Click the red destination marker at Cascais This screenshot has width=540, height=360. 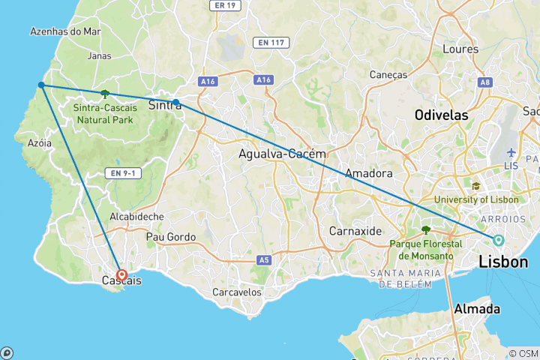click(121, 275)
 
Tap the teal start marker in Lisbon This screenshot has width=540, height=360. click(498, 240)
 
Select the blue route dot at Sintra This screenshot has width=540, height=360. click(175, 102)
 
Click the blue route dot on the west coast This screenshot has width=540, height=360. click(41, 85)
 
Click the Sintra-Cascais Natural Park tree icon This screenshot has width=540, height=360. click(104, 94)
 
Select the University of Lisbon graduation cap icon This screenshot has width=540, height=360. click(475, 186)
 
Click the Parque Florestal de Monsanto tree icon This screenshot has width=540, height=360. click(426, 230)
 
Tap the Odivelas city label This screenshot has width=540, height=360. click(442, 115)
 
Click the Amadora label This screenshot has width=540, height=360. click(369, 173)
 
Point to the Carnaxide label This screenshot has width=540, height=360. click(356, 230)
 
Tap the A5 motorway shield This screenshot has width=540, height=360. click(263, 260)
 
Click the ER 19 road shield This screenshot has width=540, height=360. click(224, 4)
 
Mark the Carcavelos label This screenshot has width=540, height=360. click(237, 291)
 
